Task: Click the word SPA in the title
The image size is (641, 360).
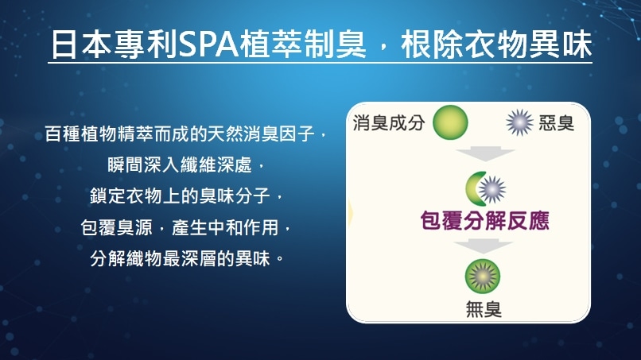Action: (208, 44)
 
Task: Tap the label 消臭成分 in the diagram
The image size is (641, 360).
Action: (388, 122)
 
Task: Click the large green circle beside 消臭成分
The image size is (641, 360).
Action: (450, 122)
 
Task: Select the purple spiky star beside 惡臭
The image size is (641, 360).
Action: (519, 122)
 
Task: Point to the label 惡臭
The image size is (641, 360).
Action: (557, 122)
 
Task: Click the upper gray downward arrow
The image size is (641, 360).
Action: (485, 153)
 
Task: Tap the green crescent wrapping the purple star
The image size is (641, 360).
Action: (474, 189)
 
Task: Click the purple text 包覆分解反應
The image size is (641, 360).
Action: (485, 221)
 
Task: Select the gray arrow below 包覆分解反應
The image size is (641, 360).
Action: (483, 247)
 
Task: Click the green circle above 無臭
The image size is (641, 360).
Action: (483, 276)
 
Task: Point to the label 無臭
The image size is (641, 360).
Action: (484, 309)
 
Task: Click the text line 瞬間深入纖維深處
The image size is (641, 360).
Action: (180, 165)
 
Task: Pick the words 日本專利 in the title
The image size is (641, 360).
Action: (115, 44)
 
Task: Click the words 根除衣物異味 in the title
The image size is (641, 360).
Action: (496, 44)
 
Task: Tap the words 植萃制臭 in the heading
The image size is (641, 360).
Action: (303, 44)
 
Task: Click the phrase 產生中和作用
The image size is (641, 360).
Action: (225, 227)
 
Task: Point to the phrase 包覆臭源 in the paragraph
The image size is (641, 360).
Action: (116, 227)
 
